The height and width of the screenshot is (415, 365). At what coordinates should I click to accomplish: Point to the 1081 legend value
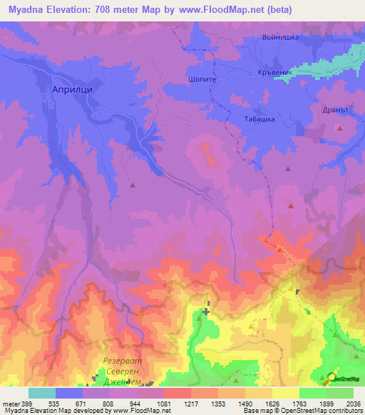pos(163,402)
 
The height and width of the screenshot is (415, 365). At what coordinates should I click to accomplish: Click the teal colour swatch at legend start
pos(41,393)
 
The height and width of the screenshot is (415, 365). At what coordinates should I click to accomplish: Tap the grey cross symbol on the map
pos(206,312)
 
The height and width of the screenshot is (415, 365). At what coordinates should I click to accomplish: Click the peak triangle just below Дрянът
pos(341,128)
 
